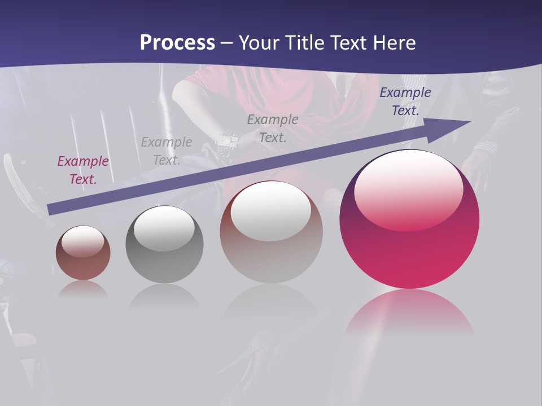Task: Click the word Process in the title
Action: coord(177,43)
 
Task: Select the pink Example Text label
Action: coord(83,170)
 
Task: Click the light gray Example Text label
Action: coord(167,151)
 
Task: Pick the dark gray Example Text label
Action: coord(273,129)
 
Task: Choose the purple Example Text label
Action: coord(405,101)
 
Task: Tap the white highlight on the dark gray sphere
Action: coord(164,228)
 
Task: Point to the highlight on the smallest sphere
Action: coord(82,241)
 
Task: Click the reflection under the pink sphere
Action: coord(409,313)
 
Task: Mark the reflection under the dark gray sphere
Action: coord(164,296)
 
